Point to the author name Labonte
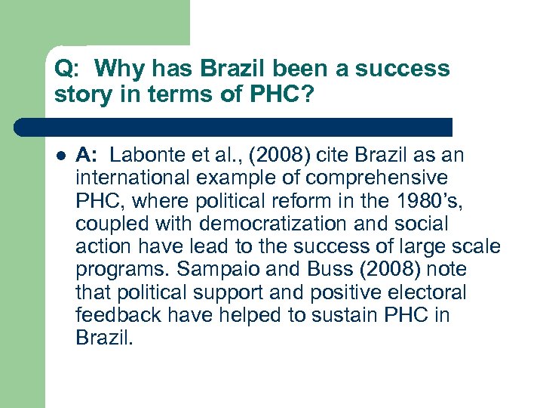pos(146,156)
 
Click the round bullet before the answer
pos(60,156)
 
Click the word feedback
pos(115,315)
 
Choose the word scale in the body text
pos(477,247)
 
